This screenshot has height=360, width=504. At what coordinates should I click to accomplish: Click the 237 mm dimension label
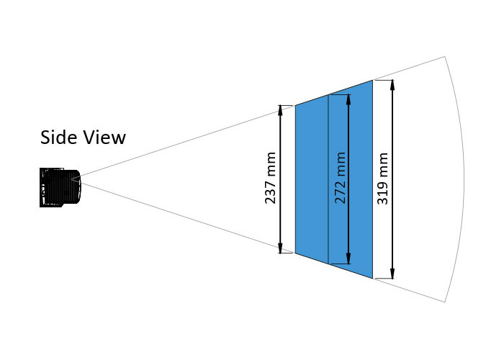271,178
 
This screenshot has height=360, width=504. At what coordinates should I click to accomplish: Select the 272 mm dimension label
341,178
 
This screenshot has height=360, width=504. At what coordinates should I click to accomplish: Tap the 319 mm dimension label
383,178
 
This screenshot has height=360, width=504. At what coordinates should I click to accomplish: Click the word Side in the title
58,137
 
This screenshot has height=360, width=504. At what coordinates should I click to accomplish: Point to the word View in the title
104,137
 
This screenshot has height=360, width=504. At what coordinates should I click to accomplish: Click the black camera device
60,187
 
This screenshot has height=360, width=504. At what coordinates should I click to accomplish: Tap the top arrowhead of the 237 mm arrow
282,109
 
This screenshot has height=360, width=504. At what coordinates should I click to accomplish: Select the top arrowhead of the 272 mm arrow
349,97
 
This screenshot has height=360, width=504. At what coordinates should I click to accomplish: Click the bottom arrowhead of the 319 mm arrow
392,275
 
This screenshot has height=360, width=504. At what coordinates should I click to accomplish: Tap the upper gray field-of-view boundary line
187,140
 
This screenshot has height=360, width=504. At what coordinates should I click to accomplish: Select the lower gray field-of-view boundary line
187,217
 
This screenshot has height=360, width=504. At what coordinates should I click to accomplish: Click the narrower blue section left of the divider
312,180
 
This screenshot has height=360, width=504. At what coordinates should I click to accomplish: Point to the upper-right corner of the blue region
372,80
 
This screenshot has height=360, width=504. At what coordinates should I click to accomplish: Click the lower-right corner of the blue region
372,278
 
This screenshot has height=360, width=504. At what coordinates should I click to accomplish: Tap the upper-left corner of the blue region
295,106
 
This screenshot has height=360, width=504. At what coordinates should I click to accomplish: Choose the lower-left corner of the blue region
295,253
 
